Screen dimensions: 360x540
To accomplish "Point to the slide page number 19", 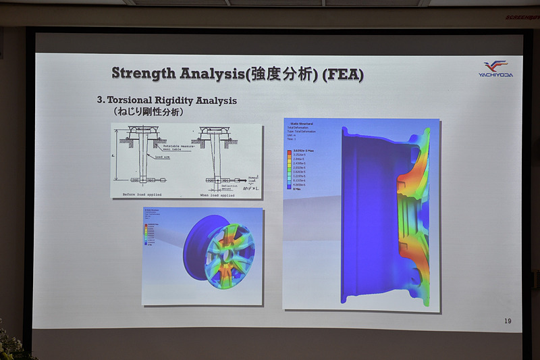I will [x=508, y=320].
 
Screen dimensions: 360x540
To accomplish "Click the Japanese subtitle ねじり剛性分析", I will [x=148, y=112].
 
